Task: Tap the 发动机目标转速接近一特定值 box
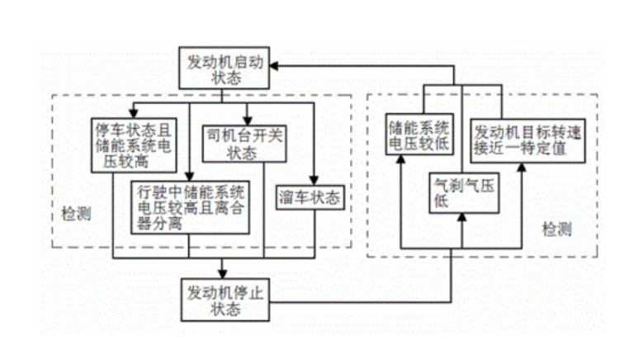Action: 521,140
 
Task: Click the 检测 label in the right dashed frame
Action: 558,229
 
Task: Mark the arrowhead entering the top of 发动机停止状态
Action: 223,274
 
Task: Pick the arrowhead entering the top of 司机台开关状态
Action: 244,122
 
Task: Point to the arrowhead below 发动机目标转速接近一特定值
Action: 522,166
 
